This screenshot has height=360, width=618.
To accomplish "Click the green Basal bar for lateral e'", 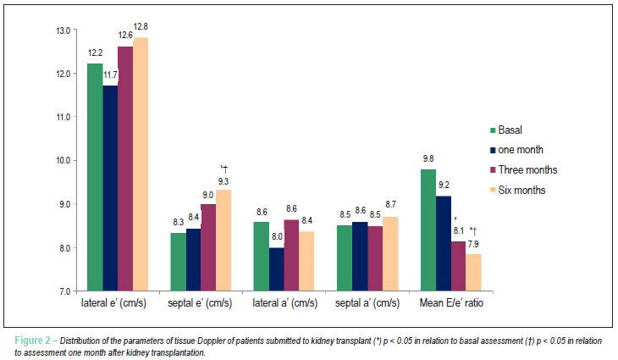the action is (95, 177).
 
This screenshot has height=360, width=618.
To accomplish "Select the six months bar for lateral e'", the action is (141, 164).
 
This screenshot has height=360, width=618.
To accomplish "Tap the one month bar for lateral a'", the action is (277, 269).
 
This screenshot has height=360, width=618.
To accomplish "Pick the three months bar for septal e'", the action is (208, 247).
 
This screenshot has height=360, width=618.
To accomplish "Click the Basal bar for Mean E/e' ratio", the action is (428, 230).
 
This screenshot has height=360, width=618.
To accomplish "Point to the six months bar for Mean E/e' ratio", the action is (474, 273).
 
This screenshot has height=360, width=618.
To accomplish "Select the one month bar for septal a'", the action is (360, 257).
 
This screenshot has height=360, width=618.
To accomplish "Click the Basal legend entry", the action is (506, 130).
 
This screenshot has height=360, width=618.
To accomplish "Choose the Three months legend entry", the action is (523, 170).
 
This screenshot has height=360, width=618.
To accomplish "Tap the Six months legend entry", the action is (518, 190).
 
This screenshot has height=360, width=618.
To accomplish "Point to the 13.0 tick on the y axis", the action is (63, 30).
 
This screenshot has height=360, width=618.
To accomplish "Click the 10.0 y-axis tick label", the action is (63, 160).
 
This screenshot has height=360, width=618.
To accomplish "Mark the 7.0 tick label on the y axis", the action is (65, 291).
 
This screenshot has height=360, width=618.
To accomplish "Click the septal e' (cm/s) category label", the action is (200, 303).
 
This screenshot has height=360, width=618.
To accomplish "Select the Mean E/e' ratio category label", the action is (451, 303).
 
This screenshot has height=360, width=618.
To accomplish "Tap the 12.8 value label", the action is (141, 26).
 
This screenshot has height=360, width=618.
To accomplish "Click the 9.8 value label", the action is (428, 158).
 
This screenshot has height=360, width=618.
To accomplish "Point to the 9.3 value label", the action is (223, 181).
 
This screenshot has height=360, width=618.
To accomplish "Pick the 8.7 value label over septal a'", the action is (390, 204).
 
